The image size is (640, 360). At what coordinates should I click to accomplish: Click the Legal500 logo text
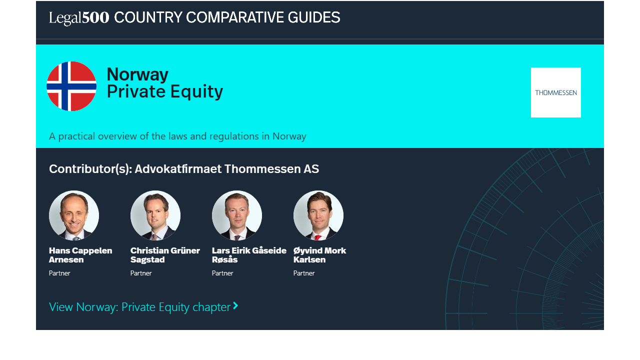[x=79, y=17]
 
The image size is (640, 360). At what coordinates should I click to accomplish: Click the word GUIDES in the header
[x=313, y=17]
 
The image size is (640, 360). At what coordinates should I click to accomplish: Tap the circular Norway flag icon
[x=71, y=86]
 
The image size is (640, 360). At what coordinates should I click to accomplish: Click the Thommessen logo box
[x=555, y=92]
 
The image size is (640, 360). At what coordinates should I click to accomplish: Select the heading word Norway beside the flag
[x=137, y=74]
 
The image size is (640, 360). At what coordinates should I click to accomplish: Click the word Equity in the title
[x=196, y=91]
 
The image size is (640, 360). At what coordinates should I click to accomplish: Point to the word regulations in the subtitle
[x=234, y=136]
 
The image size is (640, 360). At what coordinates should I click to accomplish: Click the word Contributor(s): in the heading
[x=90, y=169]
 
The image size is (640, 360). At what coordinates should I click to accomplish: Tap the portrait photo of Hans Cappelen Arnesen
[x=74, y=215]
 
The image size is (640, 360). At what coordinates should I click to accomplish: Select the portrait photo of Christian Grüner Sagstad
[x=155, y=215]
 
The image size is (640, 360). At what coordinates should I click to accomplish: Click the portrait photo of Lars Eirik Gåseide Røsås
[x=237, y=215]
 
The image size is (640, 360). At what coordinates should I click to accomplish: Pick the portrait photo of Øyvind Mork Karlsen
[x=318, y=215]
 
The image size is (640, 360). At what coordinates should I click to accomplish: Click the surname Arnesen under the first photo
[x=66, y=259]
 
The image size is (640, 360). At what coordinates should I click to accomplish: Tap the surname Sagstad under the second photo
[x=147, y=259]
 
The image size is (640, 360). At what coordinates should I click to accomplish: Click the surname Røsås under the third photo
[x=224, y=259]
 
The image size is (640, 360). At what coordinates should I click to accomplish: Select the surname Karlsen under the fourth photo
[x=309, y=259]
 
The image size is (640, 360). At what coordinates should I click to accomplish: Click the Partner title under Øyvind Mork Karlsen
[x=304, y=273]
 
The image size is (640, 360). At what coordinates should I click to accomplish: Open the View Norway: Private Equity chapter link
[x=139, y=307]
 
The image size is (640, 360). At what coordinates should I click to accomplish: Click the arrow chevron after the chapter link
[x=235, y=305]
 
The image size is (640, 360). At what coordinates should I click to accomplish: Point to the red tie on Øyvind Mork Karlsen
[x=317, y=237]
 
